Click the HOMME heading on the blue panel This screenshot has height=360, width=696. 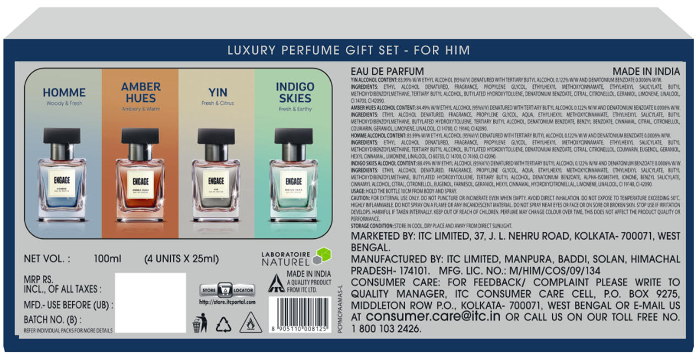point(64,92)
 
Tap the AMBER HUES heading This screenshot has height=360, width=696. point(140,92)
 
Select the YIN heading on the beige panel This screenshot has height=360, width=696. point(218,92)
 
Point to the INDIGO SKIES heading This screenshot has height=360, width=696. point(295,92)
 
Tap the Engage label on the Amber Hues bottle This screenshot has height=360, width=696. point(140,181)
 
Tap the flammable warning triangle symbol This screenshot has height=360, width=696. point(251,323)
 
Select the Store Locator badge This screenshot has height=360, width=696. point(227,290)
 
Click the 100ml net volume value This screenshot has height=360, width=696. point(108,259)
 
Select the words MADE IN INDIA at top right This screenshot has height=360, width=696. point(646,72)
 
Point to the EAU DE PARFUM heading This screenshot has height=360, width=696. point(387,72)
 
